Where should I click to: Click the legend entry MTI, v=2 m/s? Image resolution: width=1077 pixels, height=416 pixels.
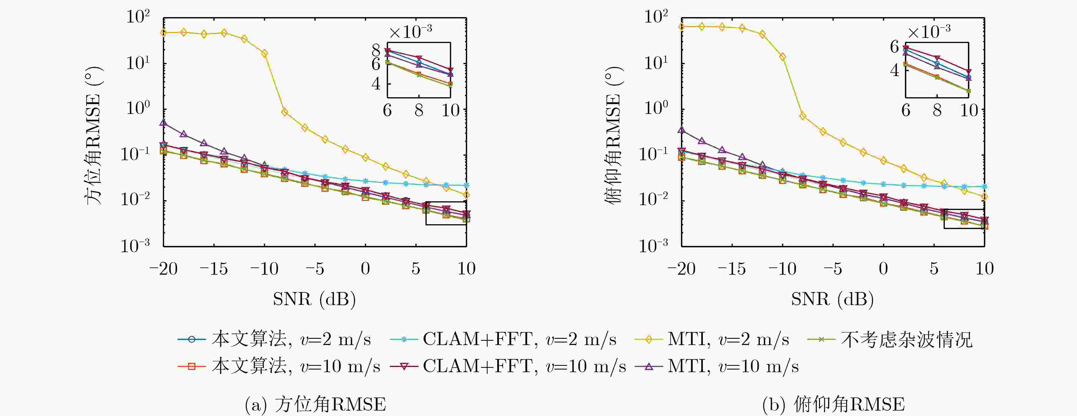712,339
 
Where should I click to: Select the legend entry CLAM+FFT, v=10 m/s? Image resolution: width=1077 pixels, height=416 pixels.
508,366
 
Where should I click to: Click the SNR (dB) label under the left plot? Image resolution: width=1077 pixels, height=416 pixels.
314,299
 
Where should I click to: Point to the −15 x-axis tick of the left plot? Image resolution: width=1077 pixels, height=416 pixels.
214,268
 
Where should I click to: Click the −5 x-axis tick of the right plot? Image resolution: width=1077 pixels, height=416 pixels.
833,268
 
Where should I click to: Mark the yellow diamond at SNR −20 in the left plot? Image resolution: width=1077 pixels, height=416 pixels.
164,32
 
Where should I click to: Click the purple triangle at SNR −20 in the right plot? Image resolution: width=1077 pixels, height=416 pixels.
682,130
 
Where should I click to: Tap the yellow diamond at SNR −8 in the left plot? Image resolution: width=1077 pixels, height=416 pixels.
285,112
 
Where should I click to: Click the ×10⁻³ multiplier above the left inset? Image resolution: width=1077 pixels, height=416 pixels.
411,31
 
